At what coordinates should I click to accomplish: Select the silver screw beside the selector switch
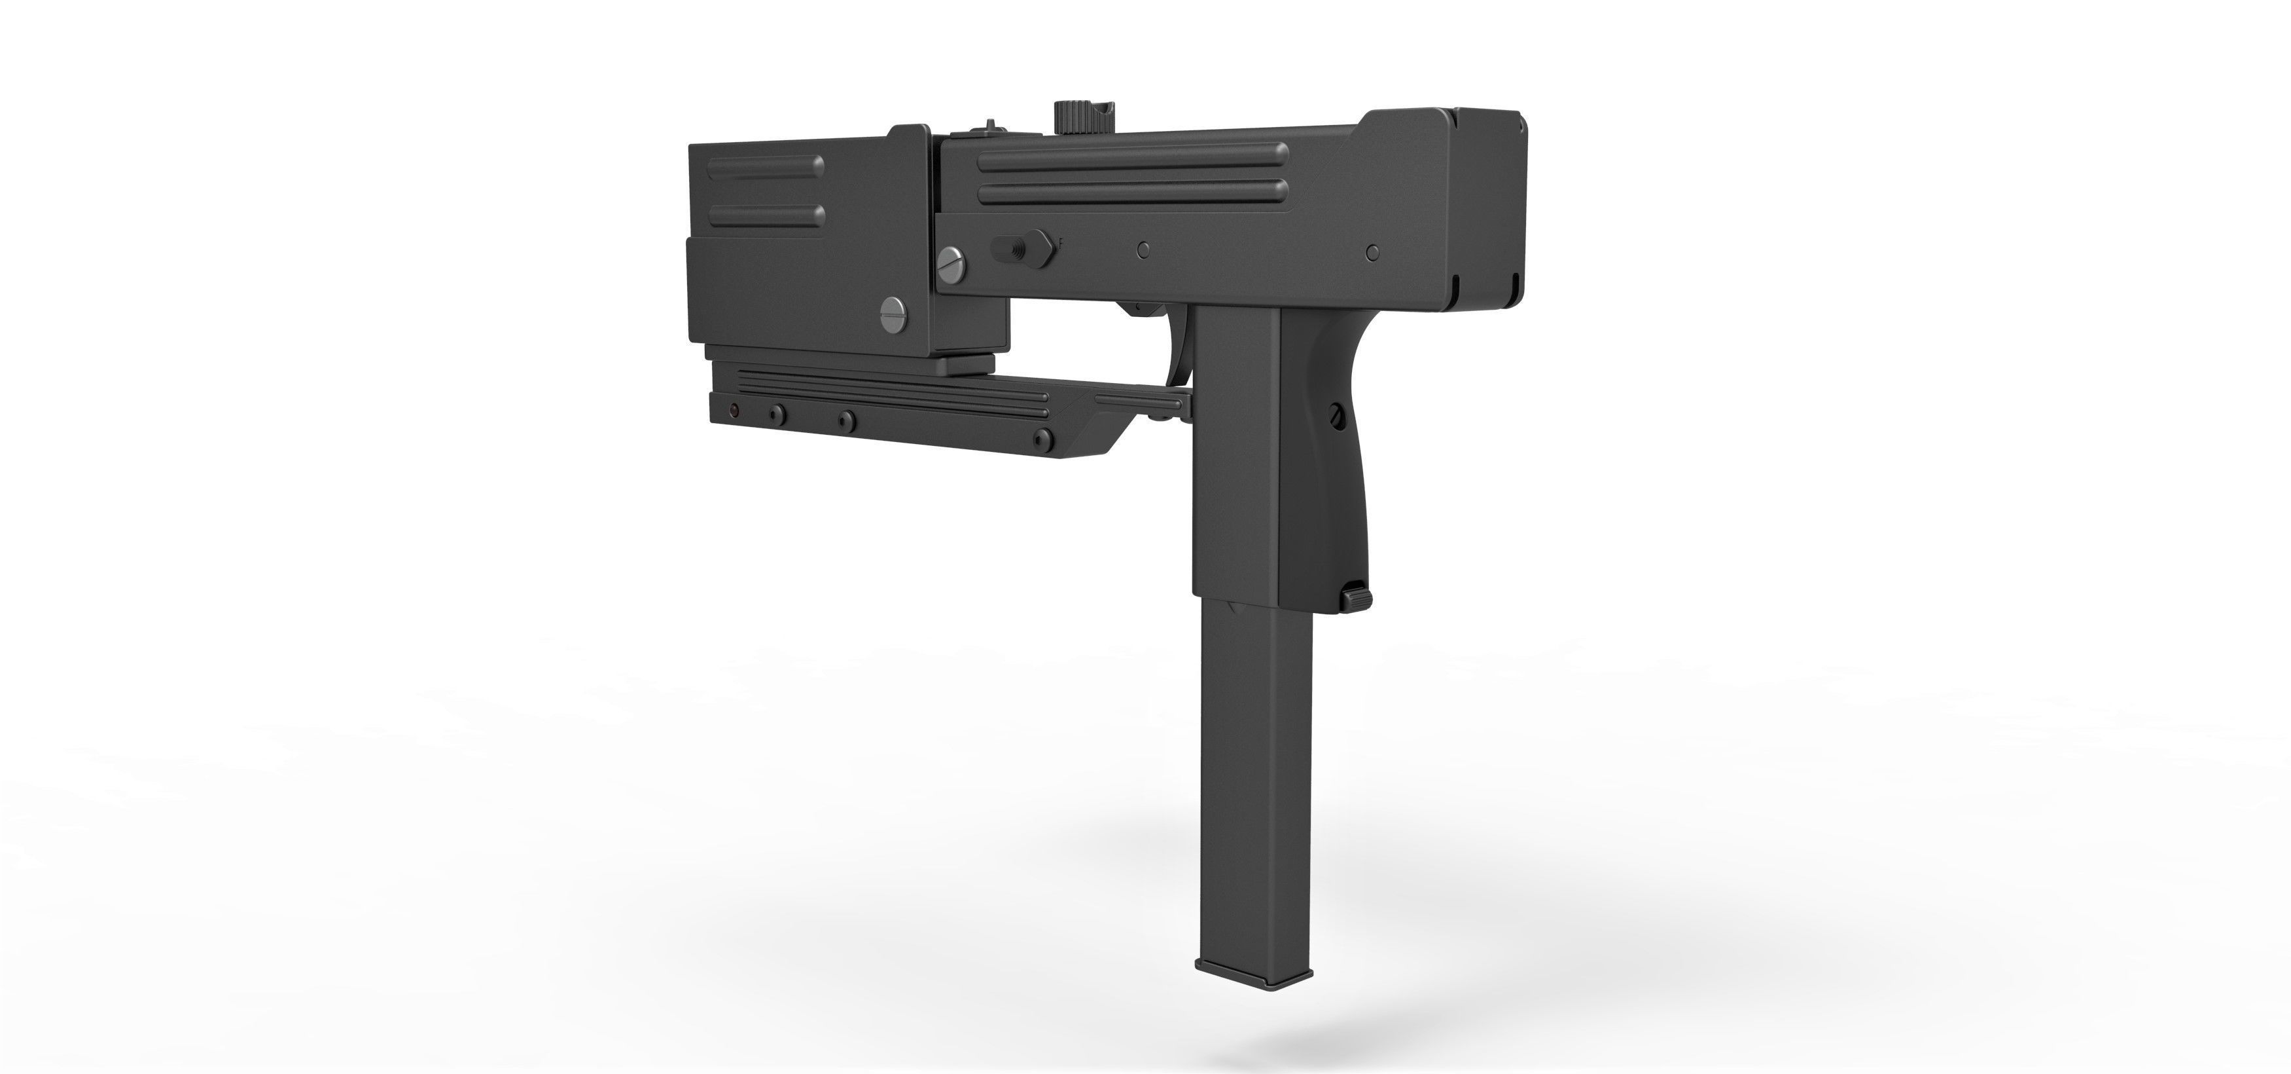(951, 261)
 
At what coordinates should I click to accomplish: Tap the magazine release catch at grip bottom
(1355, 595)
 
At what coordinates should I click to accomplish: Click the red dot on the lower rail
(734, 411)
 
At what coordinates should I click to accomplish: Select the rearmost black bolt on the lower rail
(1044, 437)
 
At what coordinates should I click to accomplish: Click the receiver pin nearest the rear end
(1372, 253)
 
